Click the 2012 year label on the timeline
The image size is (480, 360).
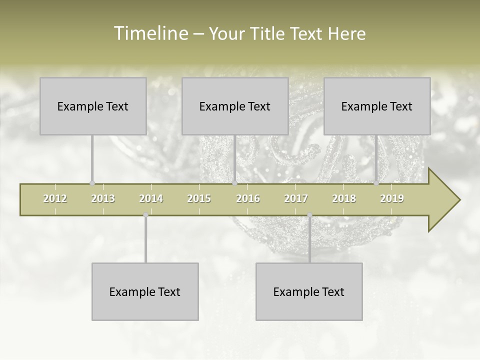(55, 198)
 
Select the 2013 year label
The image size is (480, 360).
(103, 198)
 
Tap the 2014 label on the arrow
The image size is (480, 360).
(151, 198)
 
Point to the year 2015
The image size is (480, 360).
(199, 198)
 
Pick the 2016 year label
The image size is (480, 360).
(248, 198)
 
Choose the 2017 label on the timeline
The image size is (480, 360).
(296, 198)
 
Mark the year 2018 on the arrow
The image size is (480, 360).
(344, 198)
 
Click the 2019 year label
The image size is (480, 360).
(392, 198)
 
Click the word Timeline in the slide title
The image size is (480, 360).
(150, 33)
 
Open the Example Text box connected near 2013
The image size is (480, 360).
(93, 106)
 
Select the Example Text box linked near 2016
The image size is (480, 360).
(235, 106)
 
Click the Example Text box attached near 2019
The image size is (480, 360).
(377, 106)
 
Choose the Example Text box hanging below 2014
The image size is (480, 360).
(145, 291)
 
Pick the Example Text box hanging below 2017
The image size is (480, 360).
(309, 291)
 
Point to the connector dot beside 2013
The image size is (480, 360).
(92, 183)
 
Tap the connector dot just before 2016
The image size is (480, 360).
(234, 183)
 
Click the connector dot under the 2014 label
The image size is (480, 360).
(145, 215)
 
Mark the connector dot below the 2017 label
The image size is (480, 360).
(309, 215)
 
